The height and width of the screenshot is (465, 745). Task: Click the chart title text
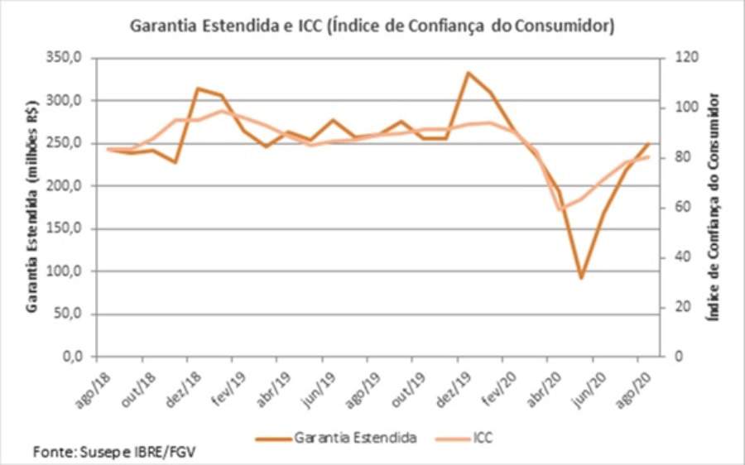372,26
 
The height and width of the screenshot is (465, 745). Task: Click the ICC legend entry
482,436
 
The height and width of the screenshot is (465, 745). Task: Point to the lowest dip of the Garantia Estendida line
582,277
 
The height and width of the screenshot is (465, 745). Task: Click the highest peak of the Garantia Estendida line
469,73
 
